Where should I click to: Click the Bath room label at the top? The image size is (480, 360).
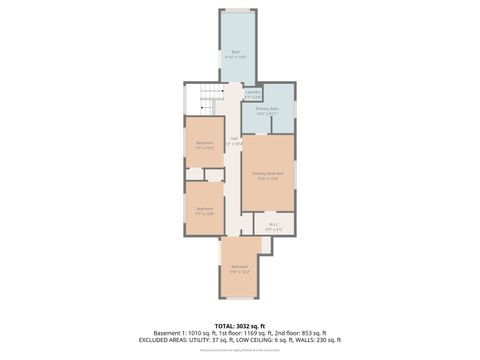pyautogui.click(x=236, y=53)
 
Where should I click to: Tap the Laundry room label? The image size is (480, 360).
pyautogui.click(x=254, y=93)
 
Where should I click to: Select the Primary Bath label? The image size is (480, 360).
pyautogui.click(x=267, y=110)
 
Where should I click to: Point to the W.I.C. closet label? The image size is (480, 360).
pyautogui.click(x=273, y=226)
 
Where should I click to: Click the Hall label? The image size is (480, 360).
pyautogui.click(x=234, y=141)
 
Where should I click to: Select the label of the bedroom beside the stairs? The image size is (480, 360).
pyautogui.click(x=204, y=144)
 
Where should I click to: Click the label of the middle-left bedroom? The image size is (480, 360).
pyautogui.click(x=204, y=211)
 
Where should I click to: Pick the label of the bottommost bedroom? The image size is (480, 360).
pyautogui.click(x=239, y=268)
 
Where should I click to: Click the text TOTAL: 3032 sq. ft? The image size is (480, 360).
pyautogui.click(x=240, y=325)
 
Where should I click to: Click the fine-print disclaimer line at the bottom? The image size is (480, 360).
pyautogui.click(x=240, y=351)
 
